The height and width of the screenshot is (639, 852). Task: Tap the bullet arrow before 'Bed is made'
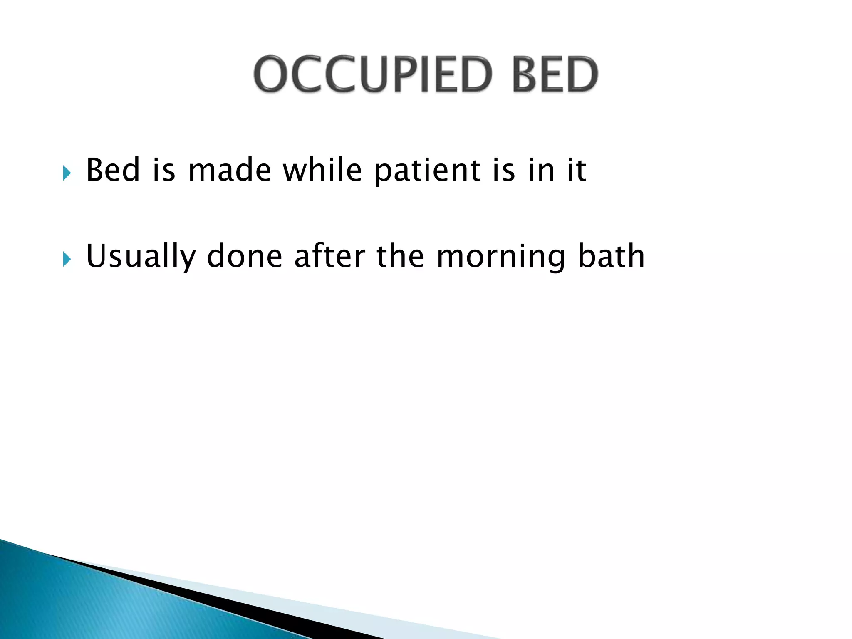pos(67,173)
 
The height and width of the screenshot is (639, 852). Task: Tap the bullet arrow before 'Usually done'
pos(67,259)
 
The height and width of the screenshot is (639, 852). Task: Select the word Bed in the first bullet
pos(112,170)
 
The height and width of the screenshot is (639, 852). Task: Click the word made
pos(229,170)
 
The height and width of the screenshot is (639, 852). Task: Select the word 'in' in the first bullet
pos(541,170)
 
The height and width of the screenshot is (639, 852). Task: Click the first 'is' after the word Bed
pos(163,170)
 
